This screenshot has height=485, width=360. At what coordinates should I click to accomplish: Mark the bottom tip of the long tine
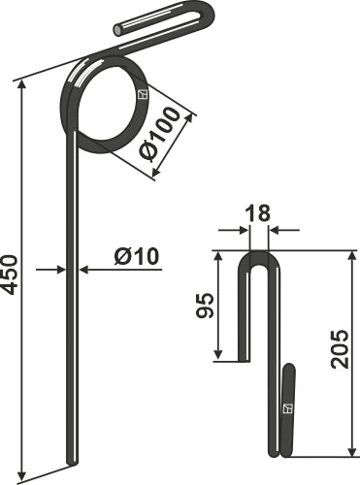click(x=70, y=461)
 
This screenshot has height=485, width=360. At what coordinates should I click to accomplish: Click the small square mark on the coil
click(x=142, y=94)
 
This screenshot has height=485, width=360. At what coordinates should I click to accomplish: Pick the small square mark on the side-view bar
click(x=287, y=409)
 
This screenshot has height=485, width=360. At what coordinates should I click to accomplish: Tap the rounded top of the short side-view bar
click(x=288, y=368)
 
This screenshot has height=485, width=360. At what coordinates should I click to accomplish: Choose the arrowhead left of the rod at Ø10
click(x=60, y=269)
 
